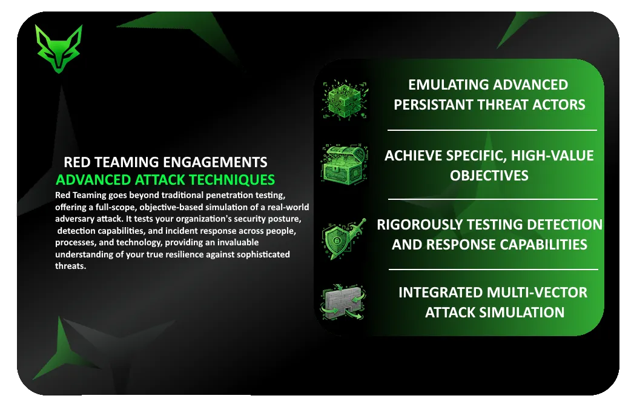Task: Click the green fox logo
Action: pos(59,48)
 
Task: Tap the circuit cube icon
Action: pos(345,99)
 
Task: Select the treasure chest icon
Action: pos(345,164)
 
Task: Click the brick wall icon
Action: pos(343,302)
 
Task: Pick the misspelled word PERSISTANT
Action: pos(434,105)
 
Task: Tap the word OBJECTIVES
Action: pos(489,176)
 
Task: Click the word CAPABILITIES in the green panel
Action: pos(540,244)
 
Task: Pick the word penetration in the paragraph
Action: pos(228,196)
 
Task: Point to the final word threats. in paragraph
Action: pos(71,266)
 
